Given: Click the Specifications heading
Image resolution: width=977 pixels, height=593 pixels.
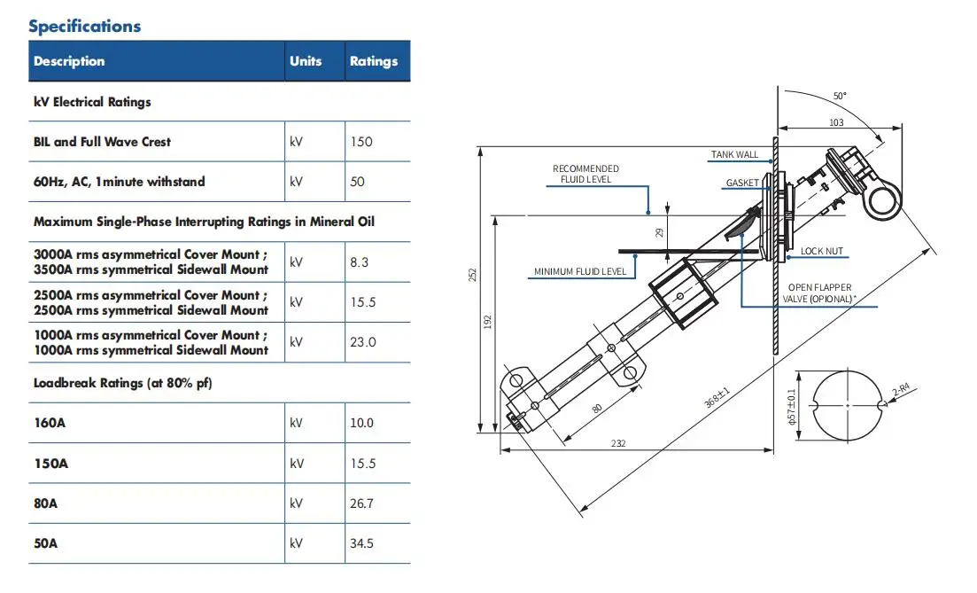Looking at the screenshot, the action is point(85,27).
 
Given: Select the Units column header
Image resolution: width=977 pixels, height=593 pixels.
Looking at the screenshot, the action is point(306,61).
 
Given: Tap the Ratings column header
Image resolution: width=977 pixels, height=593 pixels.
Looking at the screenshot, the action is point(374,61).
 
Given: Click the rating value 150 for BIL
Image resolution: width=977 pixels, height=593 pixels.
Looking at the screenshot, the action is point(361,142).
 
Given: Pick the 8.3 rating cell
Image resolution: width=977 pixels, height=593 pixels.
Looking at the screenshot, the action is point(359,261).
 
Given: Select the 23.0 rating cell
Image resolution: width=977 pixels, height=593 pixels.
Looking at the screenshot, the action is point(362,342).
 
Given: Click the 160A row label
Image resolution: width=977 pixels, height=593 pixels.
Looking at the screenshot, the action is point(50,423).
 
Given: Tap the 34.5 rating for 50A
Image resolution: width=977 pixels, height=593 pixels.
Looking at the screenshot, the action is point(361,543).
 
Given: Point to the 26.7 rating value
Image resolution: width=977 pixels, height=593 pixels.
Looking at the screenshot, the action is point(361,503).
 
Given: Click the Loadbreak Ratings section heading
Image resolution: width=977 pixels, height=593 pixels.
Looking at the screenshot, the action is point(123,383).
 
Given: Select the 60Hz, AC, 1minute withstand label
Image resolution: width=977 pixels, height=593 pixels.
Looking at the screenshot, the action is point(119,182).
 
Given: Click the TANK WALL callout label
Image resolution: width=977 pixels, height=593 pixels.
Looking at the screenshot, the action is point(734,154).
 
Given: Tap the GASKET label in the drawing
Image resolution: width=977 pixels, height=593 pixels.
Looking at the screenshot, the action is point(742,183).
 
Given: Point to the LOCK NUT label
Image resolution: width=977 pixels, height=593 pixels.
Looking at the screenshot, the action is point(821,251).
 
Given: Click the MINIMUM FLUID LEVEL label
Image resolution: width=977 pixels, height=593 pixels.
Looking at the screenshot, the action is point(580,271).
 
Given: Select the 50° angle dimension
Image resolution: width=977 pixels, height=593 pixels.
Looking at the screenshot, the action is point(840,96).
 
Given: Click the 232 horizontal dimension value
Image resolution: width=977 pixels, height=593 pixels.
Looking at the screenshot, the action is point(618,443).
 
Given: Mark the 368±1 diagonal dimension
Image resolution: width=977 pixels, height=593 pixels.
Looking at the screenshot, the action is point(717,398).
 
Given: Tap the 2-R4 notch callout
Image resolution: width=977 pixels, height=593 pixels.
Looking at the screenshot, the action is point(901,390).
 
